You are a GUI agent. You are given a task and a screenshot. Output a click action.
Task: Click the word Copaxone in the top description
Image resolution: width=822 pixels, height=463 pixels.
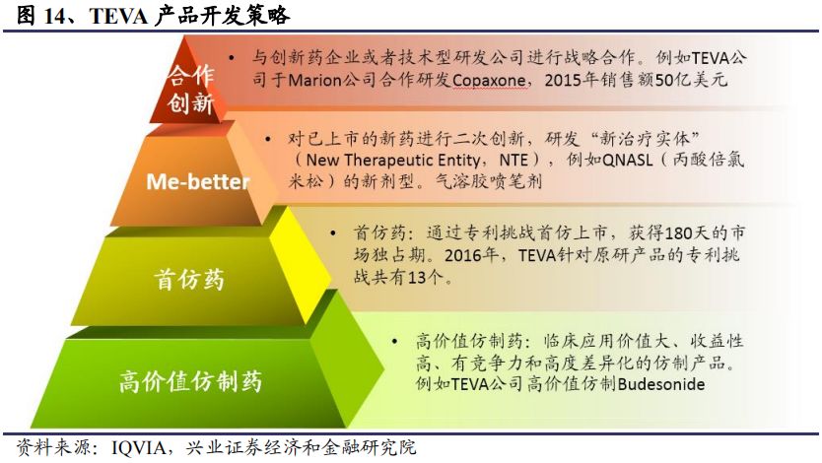click(489, 80)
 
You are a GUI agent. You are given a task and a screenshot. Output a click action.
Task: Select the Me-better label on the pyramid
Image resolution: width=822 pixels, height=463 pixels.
click(198, 181)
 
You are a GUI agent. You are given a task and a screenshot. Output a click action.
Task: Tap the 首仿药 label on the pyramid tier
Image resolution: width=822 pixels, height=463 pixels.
click(189, 279)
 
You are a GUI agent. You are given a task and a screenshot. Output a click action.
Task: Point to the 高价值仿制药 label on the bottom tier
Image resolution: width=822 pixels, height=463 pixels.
click(190, 381)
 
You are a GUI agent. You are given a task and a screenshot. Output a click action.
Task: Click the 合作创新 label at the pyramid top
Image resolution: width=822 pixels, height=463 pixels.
click(191, 89)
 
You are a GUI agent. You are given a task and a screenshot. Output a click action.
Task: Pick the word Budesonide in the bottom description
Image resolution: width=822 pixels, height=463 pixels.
click(661, 384)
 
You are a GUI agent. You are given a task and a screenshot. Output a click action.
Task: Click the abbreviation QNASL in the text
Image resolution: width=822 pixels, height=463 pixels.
click(628, 160)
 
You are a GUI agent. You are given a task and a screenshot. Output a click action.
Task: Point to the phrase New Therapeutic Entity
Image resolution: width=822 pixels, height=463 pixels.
click(392, 160)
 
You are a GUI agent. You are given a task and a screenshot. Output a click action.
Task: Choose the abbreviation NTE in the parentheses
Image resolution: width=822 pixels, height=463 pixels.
click(513, 160)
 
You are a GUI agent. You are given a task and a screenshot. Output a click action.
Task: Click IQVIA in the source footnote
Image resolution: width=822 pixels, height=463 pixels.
click(139, 448)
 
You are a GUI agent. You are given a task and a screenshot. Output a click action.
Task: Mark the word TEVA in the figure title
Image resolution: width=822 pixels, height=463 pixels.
click(118, 16)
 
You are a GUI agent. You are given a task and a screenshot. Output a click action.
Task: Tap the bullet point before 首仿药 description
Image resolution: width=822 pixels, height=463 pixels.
click(333, 232)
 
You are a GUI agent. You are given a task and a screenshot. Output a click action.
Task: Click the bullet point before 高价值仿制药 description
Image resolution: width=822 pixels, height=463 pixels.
click(395, 342)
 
